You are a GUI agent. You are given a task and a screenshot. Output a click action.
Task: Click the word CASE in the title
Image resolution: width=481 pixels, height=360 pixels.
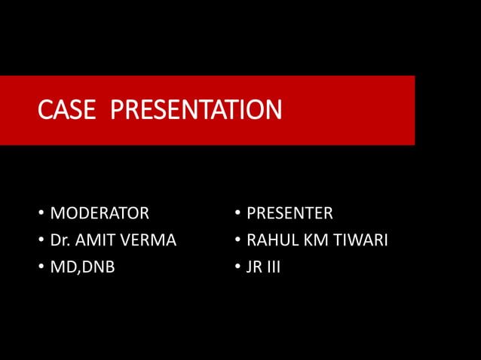tap(67, 111)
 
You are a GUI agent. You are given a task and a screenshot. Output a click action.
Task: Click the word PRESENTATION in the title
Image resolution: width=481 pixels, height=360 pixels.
tap(196, 111)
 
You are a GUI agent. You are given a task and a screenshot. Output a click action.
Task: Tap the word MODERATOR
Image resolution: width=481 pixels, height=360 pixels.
tap(100, 213)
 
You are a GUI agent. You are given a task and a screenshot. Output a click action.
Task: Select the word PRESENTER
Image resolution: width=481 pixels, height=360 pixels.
tap(290, 213)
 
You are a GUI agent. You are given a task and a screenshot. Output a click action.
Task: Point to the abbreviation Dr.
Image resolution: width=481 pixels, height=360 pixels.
tap(60, 240)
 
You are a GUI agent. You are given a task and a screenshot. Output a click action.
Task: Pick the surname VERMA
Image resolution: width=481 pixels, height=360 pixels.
tap(149, 240)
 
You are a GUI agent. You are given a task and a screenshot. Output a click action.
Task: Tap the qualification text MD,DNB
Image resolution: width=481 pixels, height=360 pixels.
tap(82, 267)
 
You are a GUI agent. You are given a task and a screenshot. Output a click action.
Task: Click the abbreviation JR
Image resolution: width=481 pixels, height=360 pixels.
tap(254, 267)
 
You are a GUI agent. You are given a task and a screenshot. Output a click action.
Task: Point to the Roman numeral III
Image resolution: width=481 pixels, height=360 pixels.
tap(273, 267)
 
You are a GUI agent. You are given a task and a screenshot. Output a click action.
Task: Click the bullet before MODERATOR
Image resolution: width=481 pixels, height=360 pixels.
tap(41, 214)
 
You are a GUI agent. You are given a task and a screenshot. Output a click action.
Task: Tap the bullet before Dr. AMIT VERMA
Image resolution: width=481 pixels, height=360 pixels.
tap(41, 241)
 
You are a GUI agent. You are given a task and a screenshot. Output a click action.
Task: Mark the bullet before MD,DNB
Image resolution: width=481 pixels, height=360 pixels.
tap(41, 267)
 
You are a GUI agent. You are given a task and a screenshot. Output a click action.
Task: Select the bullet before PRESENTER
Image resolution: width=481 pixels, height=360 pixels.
tap(237, 214)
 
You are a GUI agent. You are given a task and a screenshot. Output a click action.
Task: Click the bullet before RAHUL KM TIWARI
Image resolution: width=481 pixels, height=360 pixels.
tap(237, 241)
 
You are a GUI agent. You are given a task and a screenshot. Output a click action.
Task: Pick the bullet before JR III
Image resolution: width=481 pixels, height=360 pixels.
tap(237, 267)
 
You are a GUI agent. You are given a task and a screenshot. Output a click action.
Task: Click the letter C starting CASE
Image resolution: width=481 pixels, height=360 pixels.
tap(44, 111)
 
